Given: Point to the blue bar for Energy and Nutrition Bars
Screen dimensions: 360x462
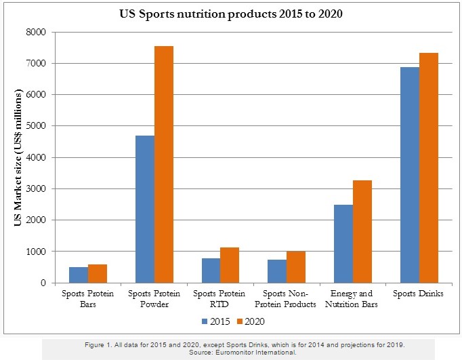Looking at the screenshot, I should [x=343, y=243].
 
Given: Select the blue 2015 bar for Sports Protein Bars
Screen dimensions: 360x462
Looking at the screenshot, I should [x=79, y=275].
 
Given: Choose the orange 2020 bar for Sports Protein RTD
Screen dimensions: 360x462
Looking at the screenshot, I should [x=230, y=265].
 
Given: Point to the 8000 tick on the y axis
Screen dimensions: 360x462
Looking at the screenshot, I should [x=36, y=32].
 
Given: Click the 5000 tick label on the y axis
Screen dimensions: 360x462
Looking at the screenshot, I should [x=36, y=126].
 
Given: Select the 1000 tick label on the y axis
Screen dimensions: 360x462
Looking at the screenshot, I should [x=36, y=252].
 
